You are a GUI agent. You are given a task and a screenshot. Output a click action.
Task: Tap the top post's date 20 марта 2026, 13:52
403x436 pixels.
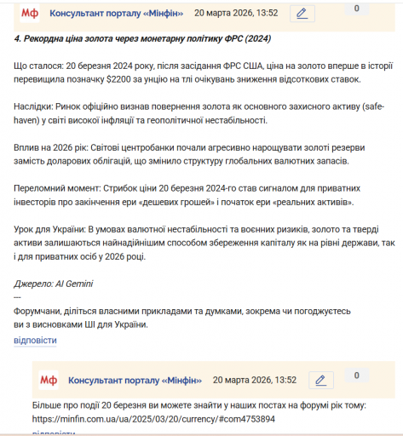point(236,14)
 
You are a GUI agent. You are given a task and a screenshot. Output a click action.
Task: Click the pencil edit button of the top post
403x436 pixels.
point(301,14)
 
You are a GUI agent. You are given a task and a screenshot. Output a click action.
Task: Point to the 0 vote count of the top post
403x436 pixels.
point(356,9)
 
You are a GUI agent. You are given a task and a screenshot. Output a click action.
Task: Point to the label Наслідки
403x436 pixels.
point(33,107)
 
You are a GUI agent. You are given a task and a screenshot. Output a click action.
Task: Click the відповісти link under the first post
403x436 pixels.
point(36,340)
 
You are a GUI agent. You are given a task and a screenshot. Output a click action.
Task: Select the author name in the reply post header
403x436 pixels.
point(135,380)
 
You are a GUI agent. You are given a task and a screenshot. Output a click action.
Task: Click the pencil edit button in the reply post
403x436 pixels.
point(320,380)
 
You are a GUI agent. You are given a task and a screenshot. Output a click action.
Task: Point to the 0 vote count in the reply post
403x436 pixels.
point(356,375)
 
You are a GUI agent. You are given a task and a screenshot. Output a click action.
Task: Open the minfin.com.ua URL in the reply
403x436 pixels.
point(153,419)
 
